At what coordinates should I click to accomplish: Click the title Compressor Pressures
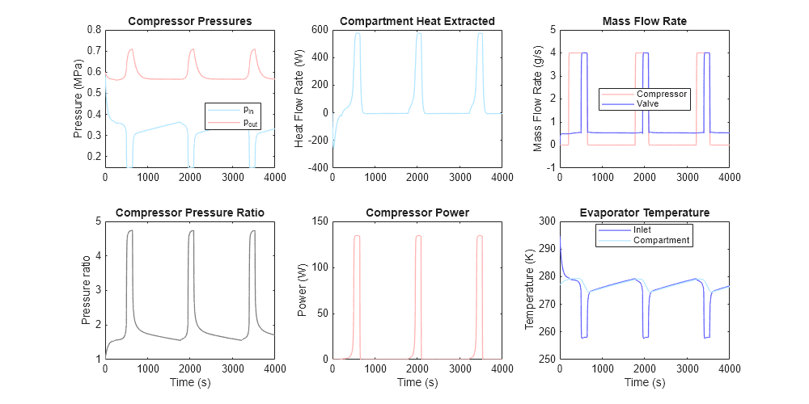189,20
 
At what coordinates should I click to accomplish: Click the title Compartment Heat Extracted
417,20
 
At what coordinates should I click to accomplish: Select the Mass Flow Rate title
645,20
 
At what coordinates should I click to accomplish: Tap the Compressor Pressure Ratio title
189,213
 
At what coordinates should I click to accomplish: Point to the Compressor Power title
417,213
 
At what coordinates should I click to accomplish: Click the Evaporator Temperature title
645,213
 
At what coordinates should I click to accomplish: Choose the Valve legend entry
647,104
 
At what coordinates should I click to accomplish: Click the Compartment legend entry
660,240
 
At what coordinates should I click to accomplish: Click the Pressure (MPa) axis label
78,98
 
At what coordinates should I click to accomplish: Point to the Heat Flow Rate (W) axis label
299,98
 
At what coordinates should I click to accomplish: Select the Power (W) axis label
303,289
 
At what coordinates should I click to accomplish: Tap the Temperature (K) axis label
530,289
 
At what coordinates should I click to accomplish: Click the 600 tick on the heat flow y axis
319,30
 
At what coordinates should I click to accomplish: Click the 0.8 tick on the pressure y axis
93,30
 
